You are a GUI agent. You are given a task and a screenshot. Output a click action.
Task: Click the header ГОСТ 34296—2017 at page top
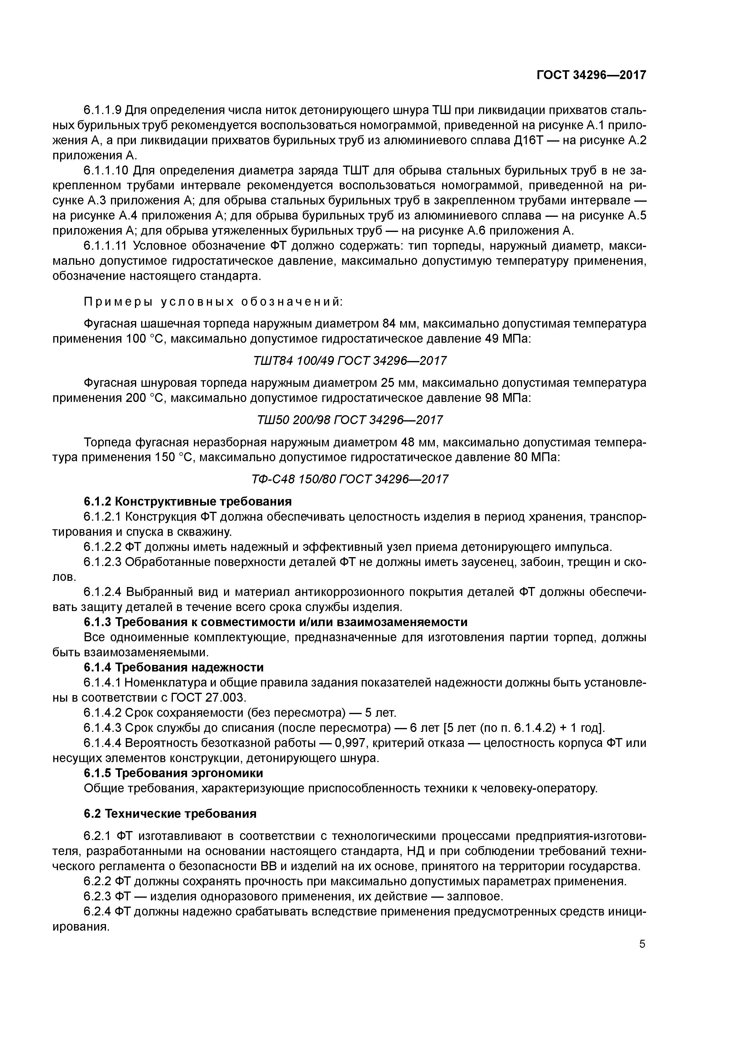[x=591, y=75]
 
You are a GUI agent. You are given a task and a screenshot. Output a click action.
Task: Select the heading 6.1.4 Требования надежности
[x=174, y=668]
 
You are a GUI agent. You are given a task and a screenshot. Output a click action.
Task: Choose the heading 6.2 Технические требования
[x=170, y=814]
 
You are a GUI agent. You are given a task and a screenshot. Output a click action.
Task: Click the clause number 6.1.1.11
[x=106, y=246]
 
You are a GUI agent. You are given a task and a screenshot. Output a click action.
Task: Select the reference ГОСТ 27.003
[x=210, y=697]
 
